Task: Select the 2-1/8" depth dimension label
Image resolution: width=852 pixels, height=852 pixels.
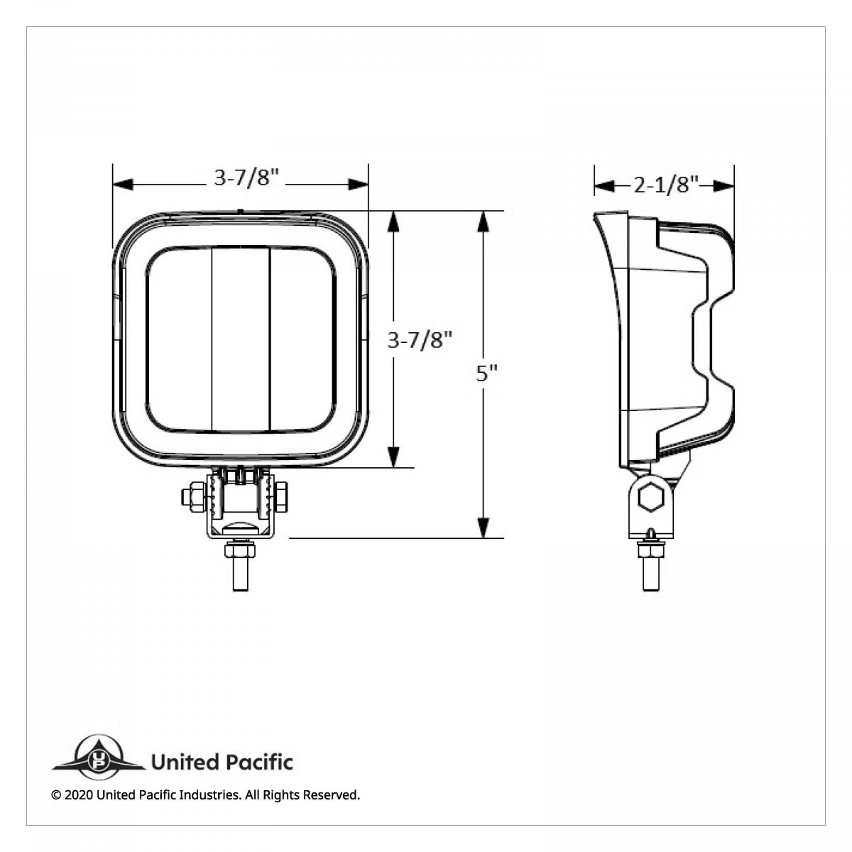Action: (663, 185)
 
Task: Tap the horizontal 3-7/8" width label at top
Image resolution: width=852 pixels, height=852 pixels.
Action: (244, 178)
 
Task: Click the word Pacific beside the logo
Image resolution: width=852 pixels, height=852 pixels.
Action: (258, 763)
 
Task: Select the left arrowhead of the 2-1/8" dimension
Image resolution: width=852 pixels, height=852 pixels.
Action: (603, 186)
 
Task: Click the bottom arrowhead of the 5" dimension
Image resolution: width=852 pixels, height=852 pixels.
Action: (483, 528)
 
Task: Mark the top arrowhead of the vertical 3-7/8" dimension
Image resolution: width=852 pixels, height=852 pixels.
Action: (394, 222)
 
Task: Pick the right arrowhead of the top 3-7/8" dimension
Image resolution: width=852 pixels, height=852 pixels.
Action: (359, 185)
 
